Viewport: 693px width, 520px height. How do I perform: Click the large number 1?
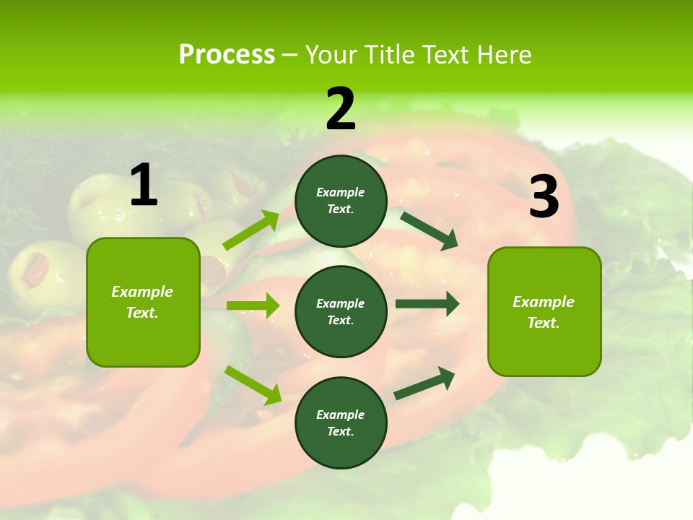click(144, 185)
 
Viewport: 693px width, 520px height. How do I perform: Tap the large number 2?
click(341, 109)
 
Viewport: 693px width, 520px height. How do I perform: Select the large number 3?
click(544, 196)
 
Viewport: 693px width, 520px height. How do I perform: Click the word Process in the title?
click(227, 55)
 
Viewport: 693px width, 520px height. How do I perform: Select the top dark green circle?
click(341, 201)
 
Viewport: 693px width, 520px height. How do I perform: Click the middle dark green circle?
click(341, 311)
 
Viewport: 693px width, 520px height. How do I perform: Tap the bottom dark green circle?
click(341, 422)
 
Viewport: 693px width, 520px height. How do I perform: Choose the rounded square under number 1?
click(143, 302)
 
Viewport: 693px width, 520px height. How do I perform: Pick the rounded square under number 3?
click(544, 311)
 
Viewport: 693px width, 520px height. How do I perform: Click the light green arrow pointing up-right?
click(251, 230)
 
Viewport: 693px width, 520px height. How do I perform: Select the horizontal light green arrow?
click(253, 305)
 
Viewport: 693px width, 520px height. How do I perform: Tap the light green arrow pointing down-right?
click(253, 385)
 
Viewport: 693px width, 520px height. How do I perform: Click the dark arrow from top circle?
click(430, 229)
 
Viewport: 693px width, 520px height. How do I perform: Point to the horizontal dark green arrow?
click(427, 304)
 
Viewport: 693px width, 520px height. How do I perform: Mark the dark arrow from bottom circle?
click(424, 383)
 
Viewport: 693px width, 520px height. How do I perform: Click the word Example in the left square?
click(142, 292)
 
